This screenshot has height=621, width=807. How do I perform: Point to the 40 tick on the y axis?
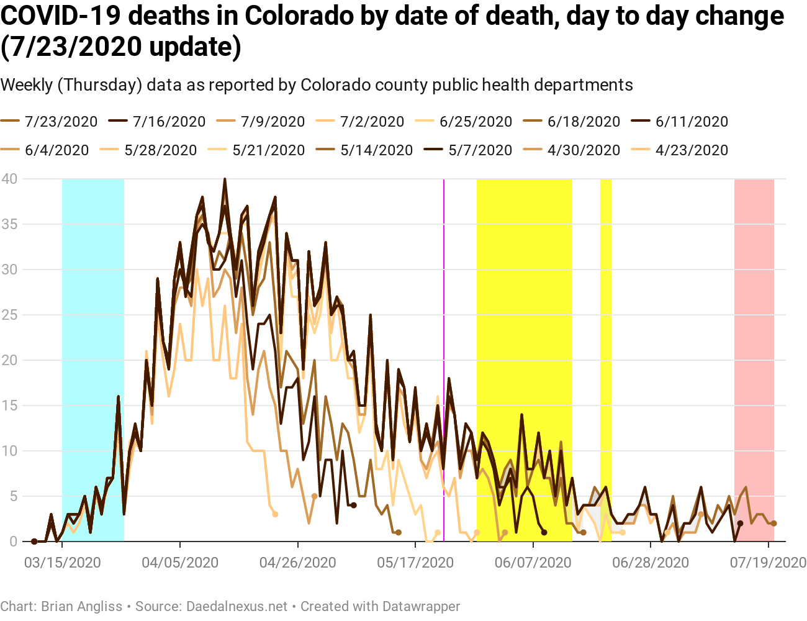click(9, 179)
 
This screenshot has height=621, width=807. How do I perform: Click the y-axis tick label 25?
click(9, 315)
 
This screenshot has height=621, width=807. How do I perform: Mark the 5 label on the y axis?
click(12, 496)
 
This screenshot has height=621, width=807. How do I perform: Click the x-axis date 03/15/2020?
click(62, 563)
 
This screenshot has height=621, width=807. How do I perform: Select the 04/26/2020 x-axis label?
click(297, 563)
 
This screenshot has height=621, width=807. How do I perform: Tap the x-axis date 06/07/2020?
click(533, 563)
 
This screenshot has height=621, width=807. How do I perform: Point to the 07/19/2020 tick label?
click(768, 563)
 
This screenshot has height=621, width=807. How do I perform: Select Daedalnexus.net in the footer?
click(237, 606)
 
